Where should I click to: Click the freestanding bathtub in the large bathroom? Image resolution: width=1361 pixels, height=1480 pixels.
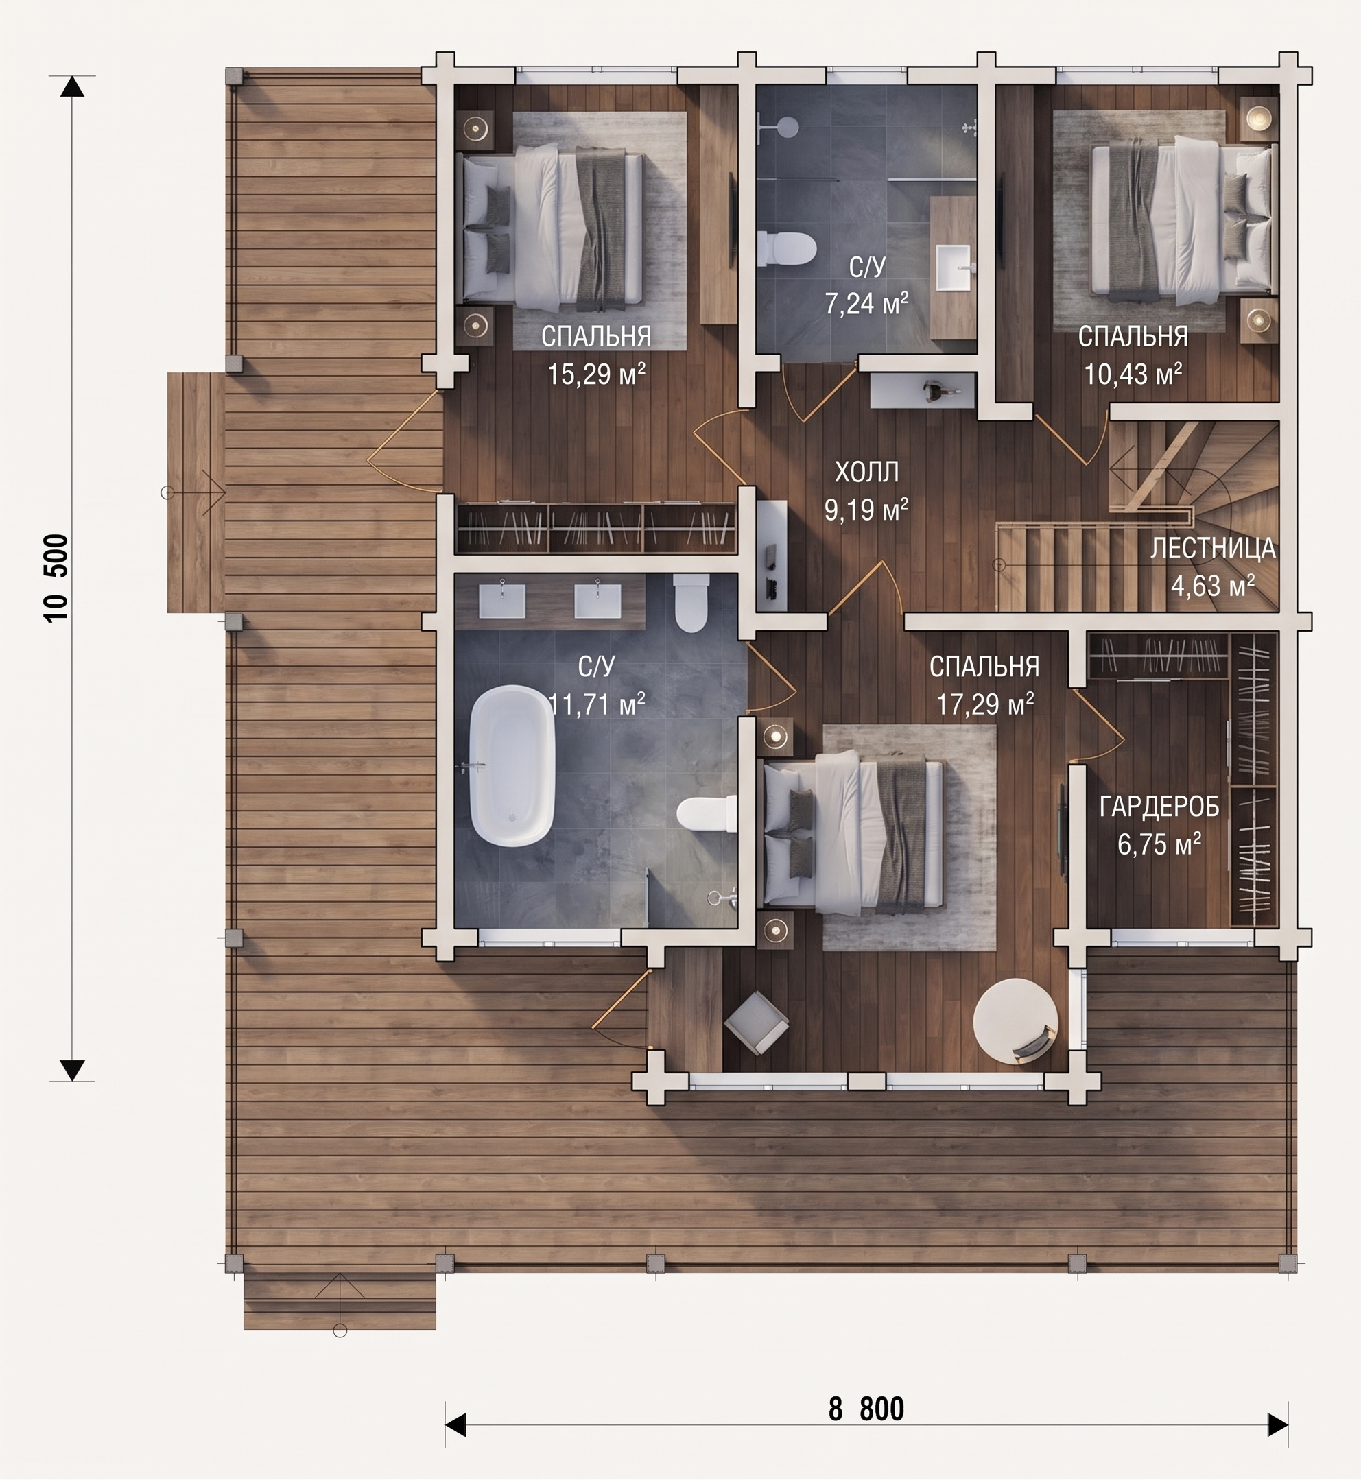[512, 767]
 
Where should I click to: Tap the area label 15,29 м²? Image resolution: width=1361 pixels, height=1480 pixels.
[597, 374]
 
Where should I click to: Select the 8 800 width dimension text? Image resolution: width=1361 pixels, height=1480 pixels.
[866, 1409]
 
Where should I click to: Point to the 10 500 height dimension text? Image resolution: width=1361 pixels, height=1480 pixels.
[57, 578]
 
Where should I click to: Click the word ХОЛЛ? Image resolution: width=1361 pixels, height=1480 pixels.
[867, 472]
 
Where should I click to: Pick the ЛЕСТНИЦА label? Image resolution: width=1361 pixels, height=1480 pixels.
[1212, 549]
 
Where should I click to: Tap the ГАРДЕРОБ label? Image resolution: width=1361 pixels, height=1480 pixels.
[1159, 808]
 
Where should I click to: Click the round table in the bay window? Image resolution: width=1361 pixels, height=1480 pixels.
[1015, 1020]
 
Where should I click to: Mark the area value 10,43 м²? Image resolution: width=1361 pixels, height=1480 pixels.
[1133, 374]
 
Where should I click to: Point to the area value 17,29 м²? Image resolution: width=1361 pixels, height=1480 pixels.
[984, 704]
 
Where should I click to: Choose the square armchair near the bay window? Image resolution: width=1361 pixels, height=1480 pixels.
[757, 1023]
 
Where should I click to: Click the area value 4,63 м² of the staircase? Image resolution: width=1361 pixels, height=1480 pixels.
[1212, 586]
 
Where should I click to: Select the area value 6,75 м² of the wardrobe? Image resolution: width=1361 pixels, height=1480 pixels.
[1159, 844]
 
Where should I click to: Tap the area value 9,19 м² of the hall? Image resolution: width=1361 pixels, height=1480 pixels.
[866, 510]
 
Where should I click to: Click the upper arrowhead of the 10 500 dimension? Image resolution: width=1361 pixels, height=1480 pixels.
[72, 87]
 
